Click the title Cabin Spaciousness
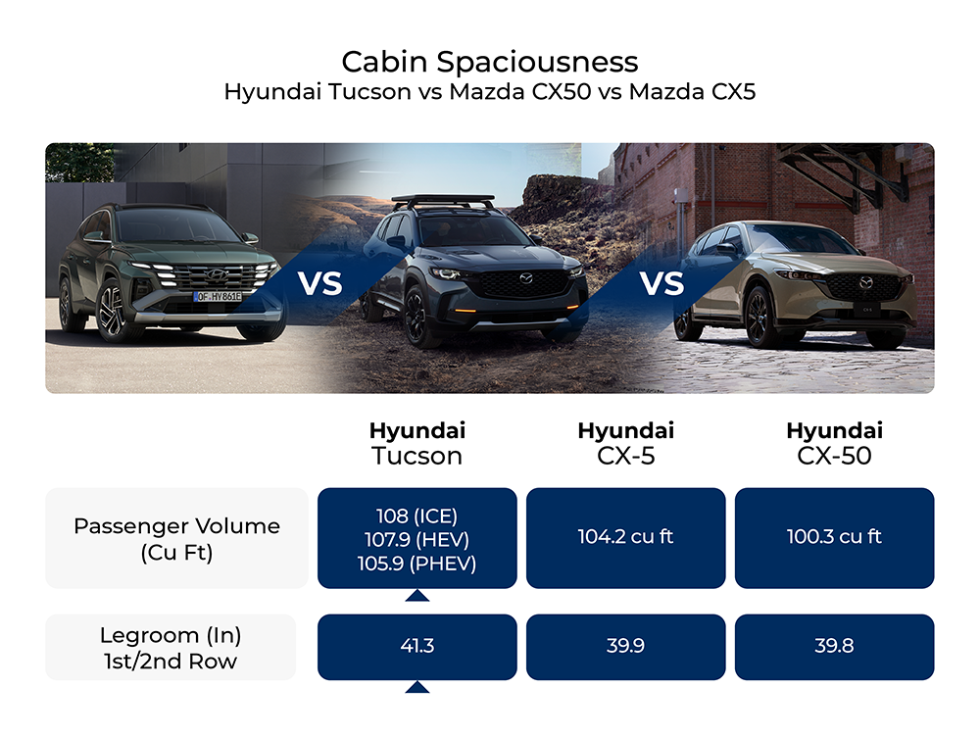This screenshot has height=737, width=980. click(489, 62)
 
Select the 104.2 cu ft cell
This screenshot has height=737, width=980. click(625, 537)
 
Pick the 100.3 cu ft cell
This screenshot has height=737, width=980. click(834, 537)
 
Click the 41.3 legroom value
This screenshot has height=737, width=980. click(416, 647)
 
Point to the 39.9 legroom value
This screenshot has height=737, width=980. click(625, 647)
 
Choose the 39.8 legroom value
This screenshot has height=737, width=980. click(834, 647)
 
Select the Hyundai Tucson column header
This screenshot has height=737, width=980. click(416, 443)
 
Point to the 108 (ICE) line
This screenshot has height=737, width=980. click(416, 516)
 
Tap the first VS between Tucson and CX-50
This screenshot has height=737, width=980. click(320, 283)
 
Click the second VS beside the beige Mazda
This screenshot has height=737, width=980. click(661, 283)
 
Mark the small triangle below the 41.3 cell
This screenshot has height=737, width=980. click(416, 687)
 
